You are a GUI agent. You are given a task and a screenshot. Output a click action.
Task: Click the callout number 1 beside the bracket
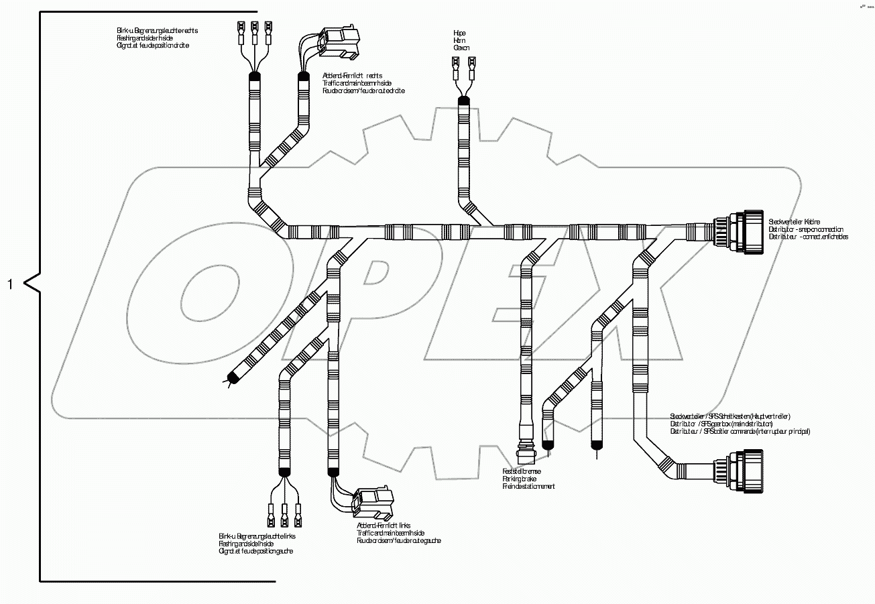tap(9, 284)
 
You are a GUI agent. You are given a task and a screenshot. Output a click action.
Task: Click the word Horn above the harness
tap(459, 40)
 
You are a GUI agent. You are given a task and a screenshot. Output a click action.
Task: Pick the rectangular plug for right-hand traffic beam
tap(341, 42)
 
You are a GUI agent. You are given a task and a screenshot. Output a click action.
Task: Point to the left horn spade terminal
tap(455, 66)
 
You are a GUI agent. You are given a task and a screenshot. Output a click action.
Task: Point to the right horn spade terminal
tap(471, 66)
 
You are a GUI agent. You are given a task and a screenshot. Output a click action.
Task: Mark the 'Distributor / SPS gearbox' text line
tap(721, 424)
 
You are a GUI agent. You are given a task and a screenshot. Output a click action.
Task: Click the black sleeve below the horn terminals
tap(463, 102)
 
